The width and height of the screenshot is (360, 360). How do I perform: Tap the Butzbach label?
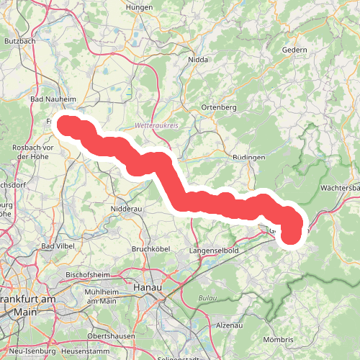[x=19, y=42]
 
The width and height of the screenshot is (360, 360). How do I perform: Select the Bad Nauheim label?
[x=49, y=98]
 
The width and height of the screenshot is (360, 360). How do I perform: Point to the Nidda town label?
[x=197, y=60]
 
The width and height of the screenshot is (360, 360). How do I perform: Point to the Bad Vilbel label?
[x=58, y=246]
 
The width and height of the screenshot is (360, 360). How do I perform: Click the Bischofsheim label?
[x=87, y=274]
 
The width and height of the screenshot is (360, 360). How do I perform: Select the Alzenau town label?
[x=230, y=325]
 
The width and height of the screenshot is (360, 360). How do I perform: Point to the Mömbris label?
[x=279, y=339]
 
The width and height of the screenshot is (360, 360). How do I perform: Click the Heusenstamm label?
[x=84, y=350]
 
